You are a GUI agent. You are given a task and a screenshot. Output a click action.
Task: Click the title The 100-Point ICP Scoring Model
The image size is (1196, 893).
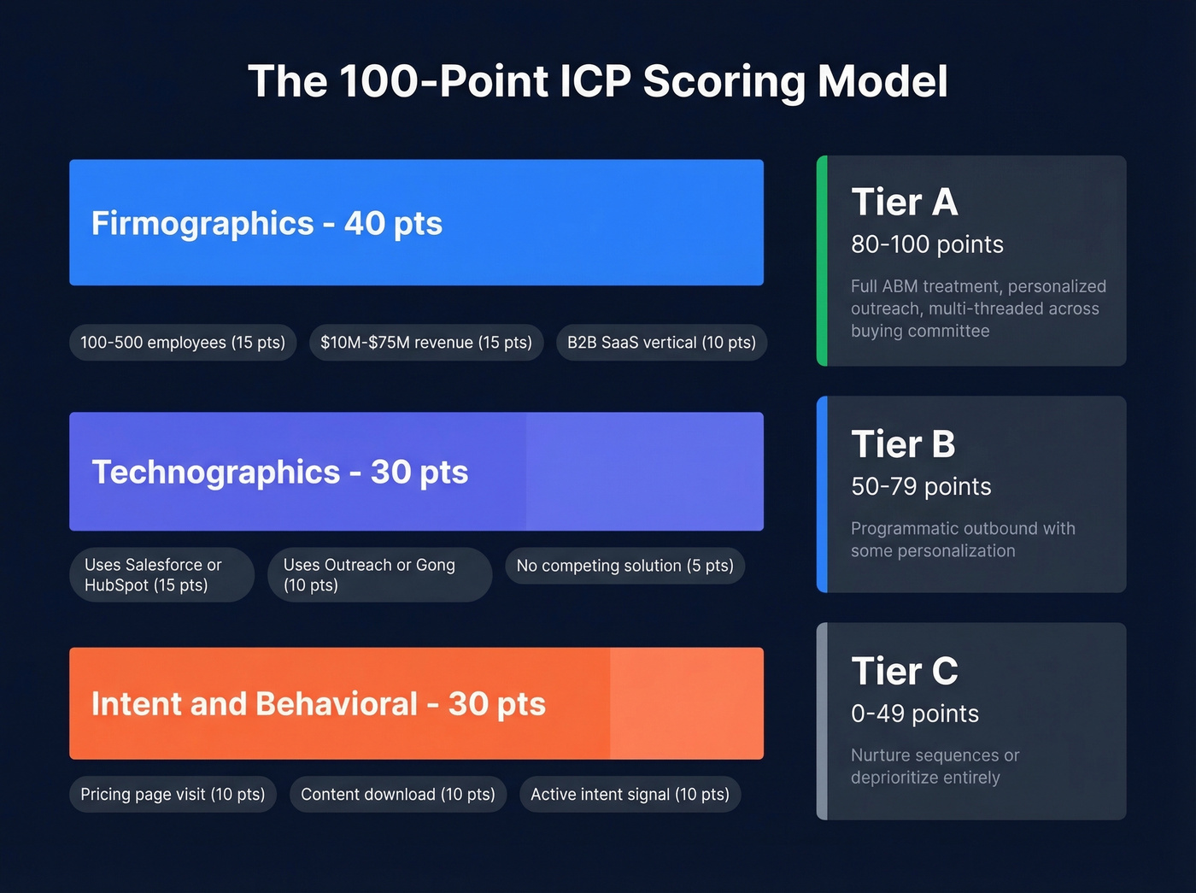click(x=598, y=82)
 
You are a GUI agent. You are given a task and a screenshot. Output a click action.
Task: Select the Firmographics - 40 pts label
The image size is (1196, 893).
click(x=267, y=223)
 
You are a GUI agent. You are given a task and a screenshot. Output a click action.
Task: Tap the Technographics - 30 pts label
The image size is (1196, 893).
click(x=279, y=472)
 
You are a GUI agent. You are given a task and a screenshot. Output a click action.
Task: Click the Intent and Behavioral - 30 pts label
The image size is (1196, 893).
click(x=318, y=704)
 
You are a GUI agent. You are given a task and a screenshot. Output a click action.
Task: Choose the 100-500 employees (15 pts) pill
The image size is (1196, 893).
click(x=183, y=343)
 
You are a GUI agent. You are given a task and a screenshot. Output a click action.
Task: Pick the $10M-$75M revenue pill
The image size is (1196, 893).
click(x=425, y=343)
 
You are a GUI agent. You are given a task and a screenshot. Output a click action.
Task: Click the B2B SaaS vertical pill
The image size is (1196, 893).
click(x=661, y=343)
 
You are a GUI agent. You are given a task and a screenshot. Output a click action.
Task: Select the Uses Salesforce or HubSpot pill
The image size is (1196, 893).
click(x=161, y=575)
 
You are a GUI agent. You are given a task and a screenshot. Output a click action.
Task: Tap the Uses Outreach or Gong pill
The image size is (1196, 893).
click(x=379, y=575)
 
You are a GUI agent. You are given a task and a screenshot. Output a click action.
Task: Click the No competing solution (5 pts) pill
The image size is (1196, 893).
click(x=624, y=566)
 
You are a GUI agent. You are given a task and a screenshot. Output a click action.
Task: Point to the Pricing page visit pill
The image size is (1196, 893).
click(x=173, y=795)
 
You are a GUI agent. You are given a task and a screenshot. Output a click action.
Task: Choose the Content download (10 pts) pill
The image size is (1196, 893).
click(x=398, y=795)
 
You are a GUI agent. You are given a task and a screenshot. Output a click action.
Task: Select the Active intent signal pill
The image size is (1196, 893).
click(x=630, y=795)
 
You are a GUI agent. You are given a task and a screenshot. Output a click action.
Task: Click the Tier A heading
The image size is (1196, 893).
click(x=905, y=203)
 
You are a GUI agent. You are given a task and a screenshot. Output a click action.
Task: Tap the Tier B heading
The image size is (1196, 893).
click(x=903, y=444)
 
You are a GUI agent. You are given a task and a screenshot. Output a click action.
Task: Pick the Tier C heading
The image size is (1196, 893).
click(x=905, y=672)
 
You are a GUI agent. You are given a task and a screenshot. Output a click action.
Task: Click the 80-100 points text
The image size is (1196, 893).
click(x=927, y=245)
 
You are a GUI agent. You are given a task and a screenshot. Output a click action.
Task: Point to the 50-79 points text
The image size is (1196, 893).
click(x=921, y=487)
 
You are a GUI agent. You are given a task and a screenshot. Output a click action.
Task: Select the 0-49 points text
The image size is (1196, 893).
click(x=915, y=714)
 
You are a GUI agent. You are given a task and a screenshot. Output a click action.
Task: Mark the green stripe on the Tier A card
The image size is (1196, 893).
click(x=822, y=261)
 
